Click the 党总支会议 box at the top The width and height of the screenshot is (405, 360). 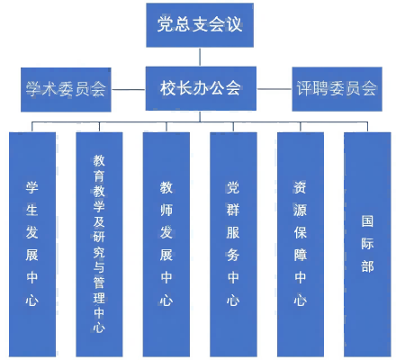click(x=200, y=25)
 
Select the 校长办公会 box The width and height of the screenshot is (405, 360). click(x=201, y=88)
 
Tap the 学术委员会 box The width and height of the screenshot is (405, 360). click(x=66, y=90)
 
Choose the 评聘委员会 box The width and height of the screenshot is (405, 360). click(x=337, y=89)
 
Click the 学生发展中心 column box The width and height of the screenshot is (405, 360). click(x=32, y=244)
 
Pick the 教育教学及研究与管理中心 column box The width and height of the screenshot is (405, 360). click(x=99, y=244)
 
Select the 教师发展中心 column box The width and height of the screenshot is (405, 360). click(x=166, y=244)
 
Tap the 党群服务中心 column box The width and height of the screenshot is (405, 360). click(x=233, y=244)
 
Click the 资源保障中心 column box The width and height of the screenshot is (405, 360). click(x=301, y=244)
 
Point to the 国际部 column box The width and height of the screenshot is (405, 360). click(x=367, y=244)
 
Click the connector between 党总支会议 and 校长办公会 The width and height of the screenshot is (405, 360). click(x=200, y=57)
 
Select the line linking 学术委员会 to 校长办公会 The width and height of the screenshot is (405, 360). click(x=129, y=89)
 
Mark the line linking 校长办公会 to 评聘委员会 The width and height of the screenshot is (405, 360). click(x=274, y=89)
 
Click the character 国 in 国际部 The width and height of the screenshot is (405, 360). click(x=367, y=221)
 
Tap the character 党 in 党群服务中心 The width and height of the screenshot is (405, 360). click(x=233, y=188)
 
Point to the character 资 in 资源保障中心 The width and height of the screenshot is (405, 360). click(x=300, y=188)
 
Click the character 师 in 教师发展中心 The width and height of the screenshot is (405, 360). click(x=166, y=210)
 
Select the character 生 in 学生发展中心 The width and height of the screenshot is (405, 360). click(x=32, y=210)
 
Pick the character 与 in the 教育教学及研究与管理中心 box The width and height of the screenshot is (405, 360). click(x=99, y=267)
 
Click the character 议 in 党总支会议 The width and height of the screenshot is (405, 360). click(x=234, y=24)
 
